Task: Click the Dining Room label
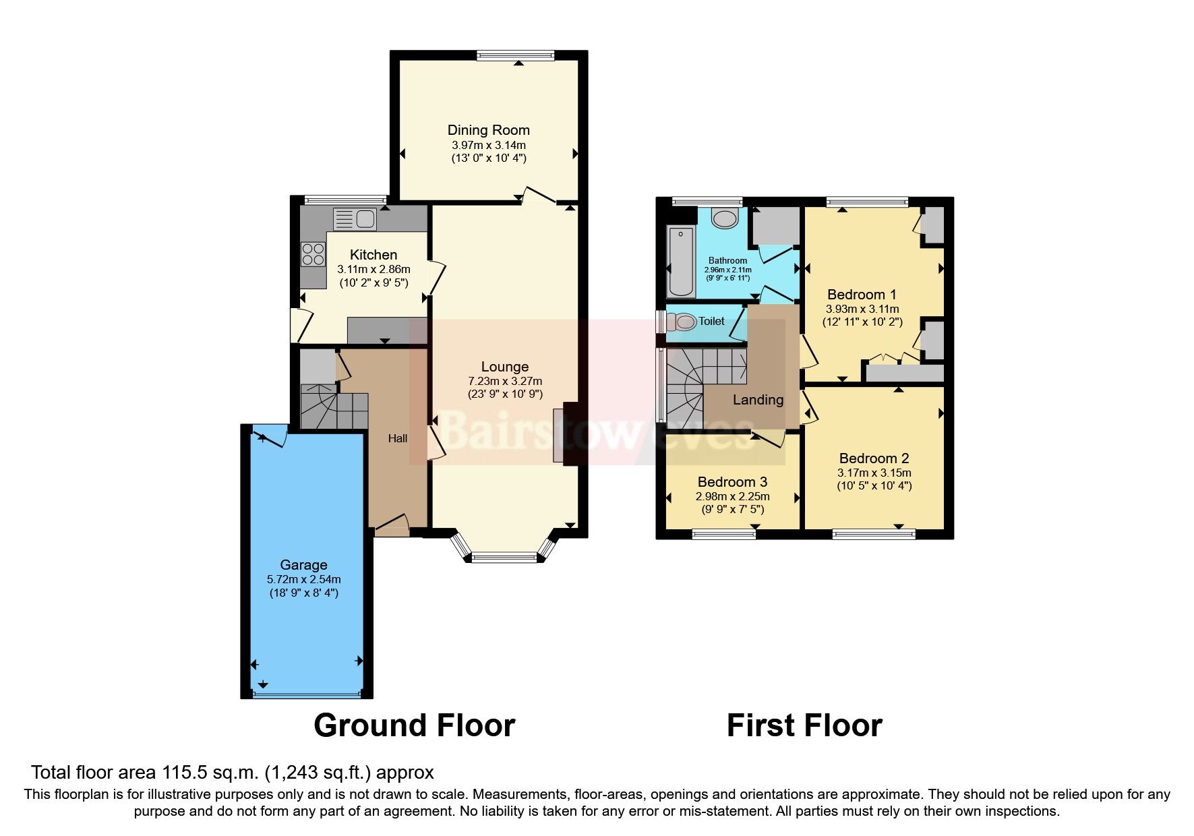488,130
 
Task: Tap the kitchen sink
355,219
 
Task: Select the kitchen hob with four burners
314,253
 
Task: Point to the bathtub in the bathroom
680,262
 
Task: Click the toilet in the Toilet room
682,322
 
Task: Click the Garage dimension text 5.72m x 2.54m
303,579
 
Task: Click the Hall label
397,438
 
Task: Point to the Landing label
758,400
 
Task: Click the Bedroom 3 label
732,482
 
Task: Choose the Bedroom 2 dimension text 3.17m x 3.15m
874,473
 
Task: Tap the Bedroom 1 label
862,295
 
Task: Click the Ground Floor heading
414,725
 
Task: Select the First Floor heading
804,725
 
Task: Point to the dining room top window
515,56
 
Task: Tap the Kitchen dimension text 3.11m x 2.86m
374,269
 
